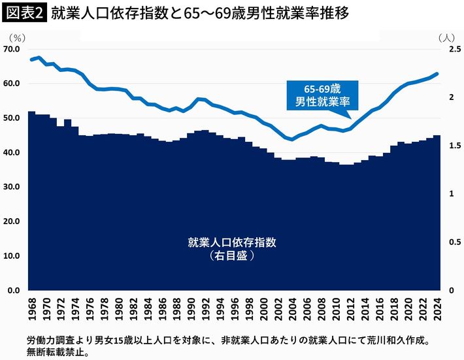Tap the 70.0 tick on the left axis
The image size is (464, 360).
[12, 50]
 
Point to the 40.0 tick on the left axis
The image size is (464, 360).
[12, 152]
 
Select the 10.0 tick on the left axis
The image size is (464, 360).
[12, 255]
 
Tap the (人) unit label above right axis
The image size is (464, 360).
[448, 37]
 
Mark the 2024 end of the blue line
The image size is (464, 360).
[437, 74]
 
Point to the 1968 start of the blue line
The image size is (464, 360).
[32, 59]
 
